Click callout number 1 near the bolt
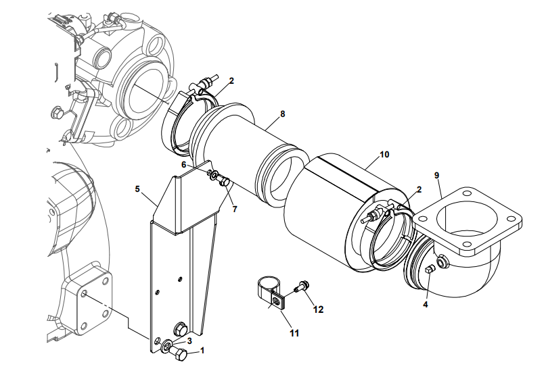pos(201,351)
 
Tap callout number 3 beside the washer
pos(189,341)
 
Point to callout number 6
pos(183,164)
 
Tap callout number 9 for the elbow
pos(437,176)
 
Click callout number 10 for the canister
pos(384,154)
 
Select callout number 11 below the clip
pos(293,332)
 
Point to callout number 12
pos(319,309)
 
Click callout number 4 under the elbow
pos(425,304)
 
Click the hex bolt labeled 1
pos(181,355)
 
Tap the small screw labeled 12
pos(301,287)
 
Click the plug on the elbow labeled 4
pos(430,271)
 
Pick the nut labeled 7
pos(225,180)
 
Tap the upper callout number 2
pos(231,81)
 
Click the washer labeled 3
pos(166,347)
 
